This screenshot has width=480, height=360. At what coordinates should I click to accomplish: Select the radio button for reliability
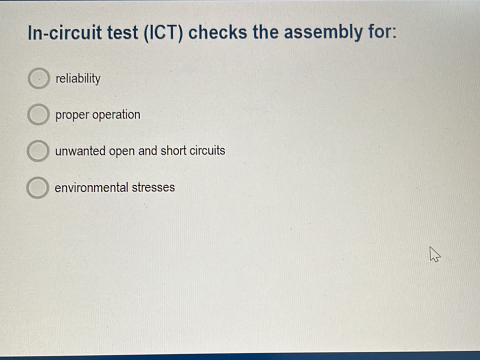tap(38, 79)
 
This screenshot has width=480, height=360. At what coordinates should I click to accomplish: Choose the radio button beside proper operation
tap(37, 115)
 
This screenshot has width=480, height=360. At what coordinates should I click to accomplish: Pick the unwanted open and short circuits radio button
tap(37, 151)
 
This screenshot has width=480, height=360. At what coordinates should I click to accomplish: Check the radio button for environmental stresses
tap(37, 188)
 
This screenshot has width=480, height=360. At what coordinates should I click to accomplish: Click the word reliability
tap(78, 79)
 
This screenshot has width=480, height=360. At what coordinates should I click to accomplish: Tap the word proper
tap(72, 116)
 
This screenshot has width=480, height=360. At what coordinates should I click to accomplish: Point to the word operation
tap(117, 115)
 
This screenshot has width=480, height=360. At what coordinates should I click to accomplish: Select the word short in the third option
tap(173, 151)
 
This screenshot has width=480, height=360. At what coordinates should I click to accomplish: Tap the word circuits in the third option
tap(207, 151)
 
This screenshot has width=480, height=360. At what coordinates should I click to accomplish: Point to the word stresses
tap(153, 188)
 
